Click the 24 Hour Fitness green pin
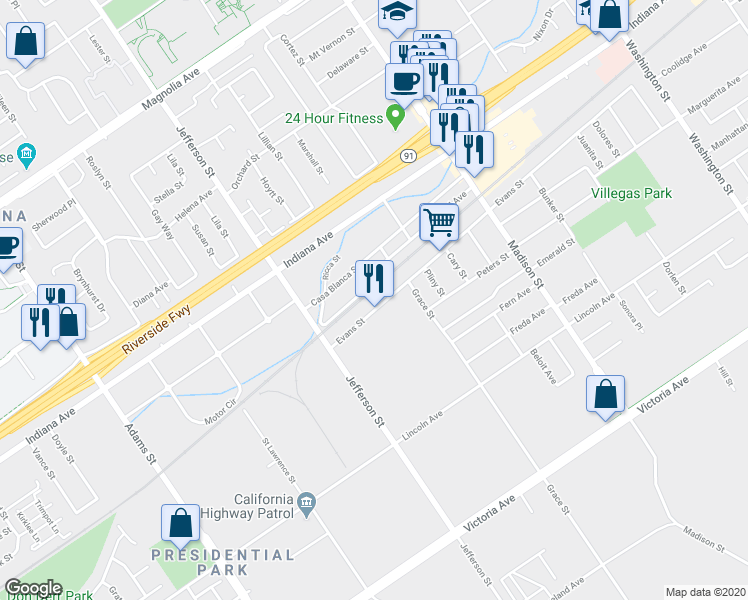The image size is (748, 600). (x=395, y=118)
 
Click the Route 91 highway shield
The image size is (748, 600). (x=409, y=156)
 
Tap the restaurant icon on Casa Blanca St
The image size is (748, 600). (x=375, y=278)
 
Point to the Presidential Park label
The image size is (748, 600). (x=223, y=562)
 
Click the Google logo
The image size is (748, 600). (x=34, y=588)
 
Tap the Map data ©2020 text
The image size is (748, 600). (x=705, y=592)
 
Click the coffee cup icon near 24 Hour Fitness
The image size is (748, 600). (x=404, y=80)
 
